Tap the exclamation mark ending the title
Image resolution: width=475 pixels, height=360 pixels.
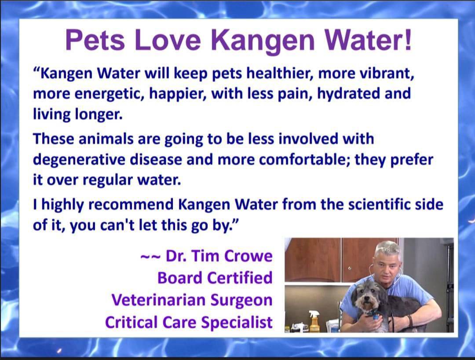point(408,39)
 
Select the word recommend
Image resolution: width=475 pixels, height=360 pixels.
point(131,204)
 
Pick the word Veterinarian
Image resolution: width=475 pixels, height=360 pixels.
point(159,300)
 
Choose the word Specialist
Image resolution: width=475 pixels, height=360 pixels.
point(237,322)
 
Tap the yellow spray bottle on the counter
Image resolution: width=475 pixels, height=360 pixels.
point(313,321)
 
